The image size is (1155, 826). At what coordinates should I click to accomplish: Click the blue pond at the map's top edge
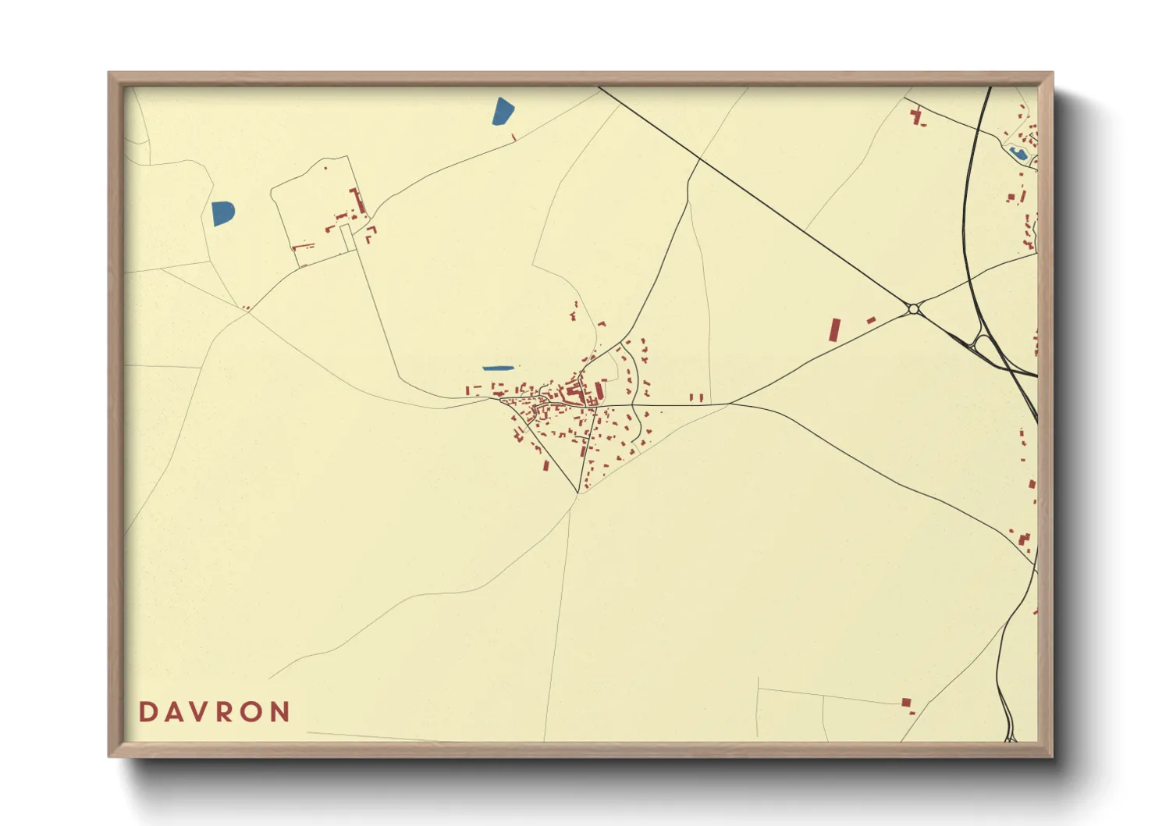[x=503, y=111]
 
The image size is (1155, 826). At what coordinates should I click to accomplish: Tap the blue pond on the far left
[x=222, y=213]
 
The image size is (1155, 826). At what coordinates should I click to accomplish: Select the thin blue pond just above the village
[x=498, y=368]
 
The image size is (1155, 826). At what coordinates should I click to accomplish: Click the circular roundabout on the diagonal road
[x=913, y=310]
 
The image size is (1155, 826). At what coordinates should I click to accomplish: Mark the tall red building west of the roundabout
[x=834, y=329]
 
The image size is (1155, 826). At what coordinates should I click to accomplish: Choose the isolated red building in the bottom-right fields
[x=906, y=703]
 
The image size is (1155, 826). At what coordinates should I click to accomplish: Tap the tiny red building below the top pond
[x=514, y=138]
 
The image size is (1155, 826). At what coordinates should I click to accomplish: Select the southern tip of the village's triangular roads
[x=578, y=493]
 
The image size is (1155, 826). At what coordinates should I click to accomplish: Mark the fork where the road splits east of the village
[x=730, y=404]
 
